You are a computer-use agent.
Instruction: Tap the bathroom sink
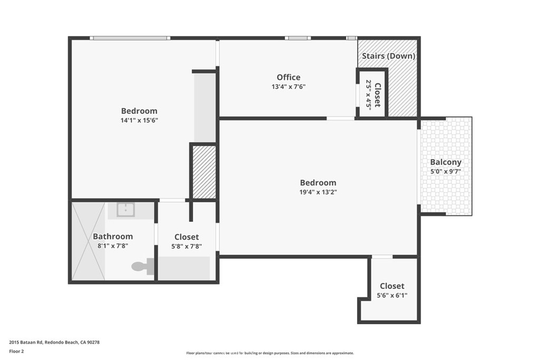pyautogui.click(x=126, y=210)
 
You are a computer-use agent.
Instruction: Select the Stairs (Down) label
pyautogui.click(x=389, y=56)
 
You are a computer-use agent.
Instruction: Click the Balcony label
pyautogui.click(x=446, y=162)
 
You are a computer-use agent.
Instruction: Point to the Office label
pyautogui.click(x=288, y=77)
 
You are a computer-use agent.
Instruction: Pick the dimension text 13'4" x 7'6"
pyautogui.click(x=288, y=87)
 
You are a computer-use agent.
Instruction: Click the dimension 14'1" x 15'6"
pyautogui.click(x=139, y=120)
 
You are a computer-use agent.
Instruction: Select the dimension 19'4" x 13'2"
pyautogui.click(x=318, y=192)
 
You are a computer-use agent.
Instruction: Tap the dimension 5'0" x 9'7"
pyautogui.click(x=446, y=171)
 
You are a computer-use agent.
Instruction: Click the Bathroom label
pyautogui.click(x=113, y=237)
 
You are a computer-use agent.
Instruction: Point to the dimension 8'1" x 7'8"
pyautogui.click(x=113, y=246)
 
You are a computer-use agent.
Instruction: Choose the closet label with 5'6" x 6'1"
pyautogui.click(x=392, y=286)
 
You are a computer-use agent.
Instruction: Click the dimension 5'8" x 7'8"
pyautogui.click(x=187, y=246)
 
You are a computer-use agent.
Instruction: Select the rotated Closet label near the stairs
pyautogui.click(x=377, y=94)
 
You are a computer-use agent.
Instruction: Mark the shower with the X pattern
pyautogui.click(x=88, y=241)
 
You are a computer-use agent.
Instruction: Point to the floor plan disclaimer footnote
pyautogui.click(x=269, y=353)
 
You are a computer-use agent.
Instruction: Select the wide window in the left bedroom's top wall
pyautogui.click(x=130, y=38)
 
